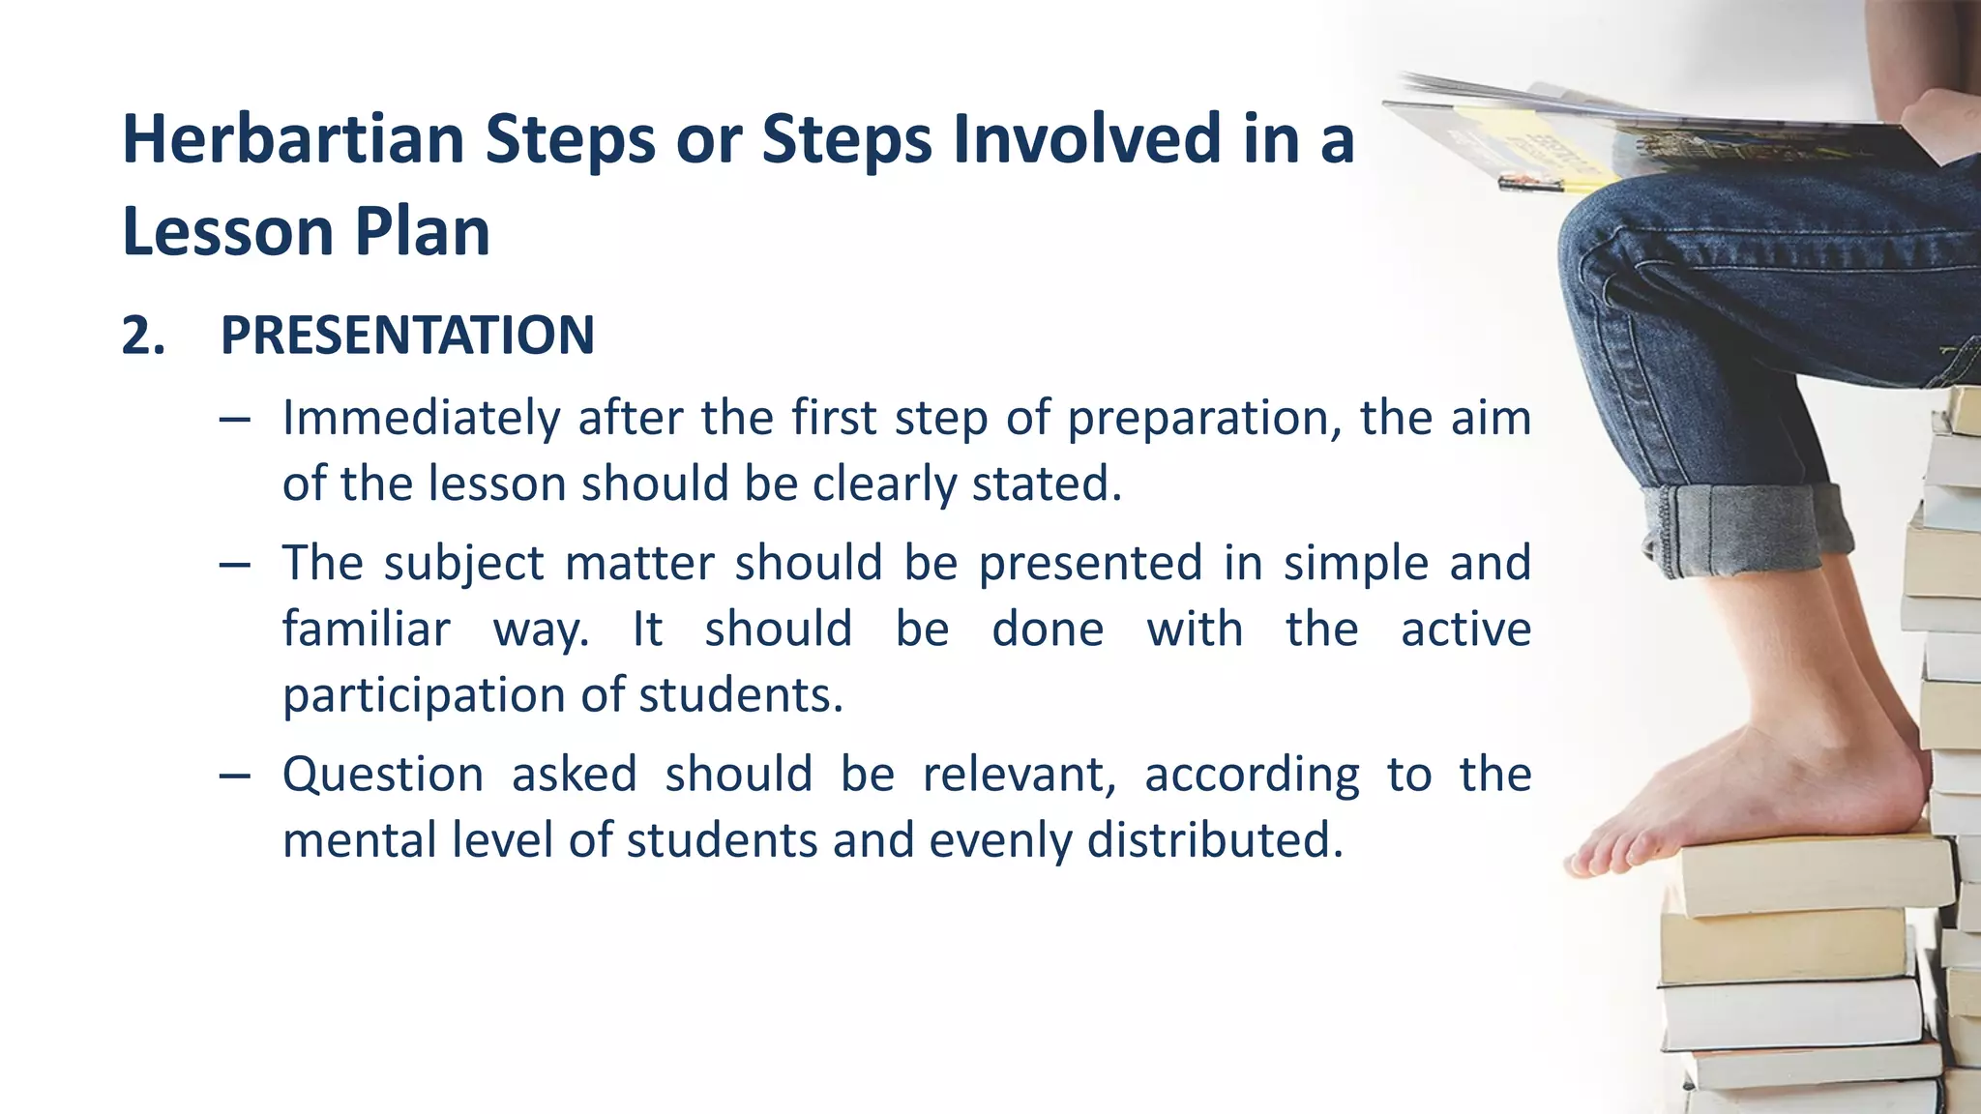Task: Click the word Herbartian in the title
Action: click(x=292, y=139)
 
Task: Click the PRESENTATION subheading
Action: click(x=407, y=336)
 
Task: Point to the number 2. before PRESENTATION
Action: click(x=143, y=336)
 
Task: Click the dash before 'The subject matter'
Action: click(x=235, y=564)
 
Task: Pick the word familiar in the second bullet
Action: click(x=366, y=630)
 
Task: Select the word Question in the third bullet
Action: click(x=383, y=775)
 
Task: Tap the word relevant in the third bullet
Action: click(x=1019, y=775)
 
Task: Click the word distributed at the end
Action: click(x=1214, y=839)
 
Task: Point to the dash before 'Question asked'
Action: click(x=235, y=776)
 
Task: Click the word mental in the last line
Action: click(x=357, y=839)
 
